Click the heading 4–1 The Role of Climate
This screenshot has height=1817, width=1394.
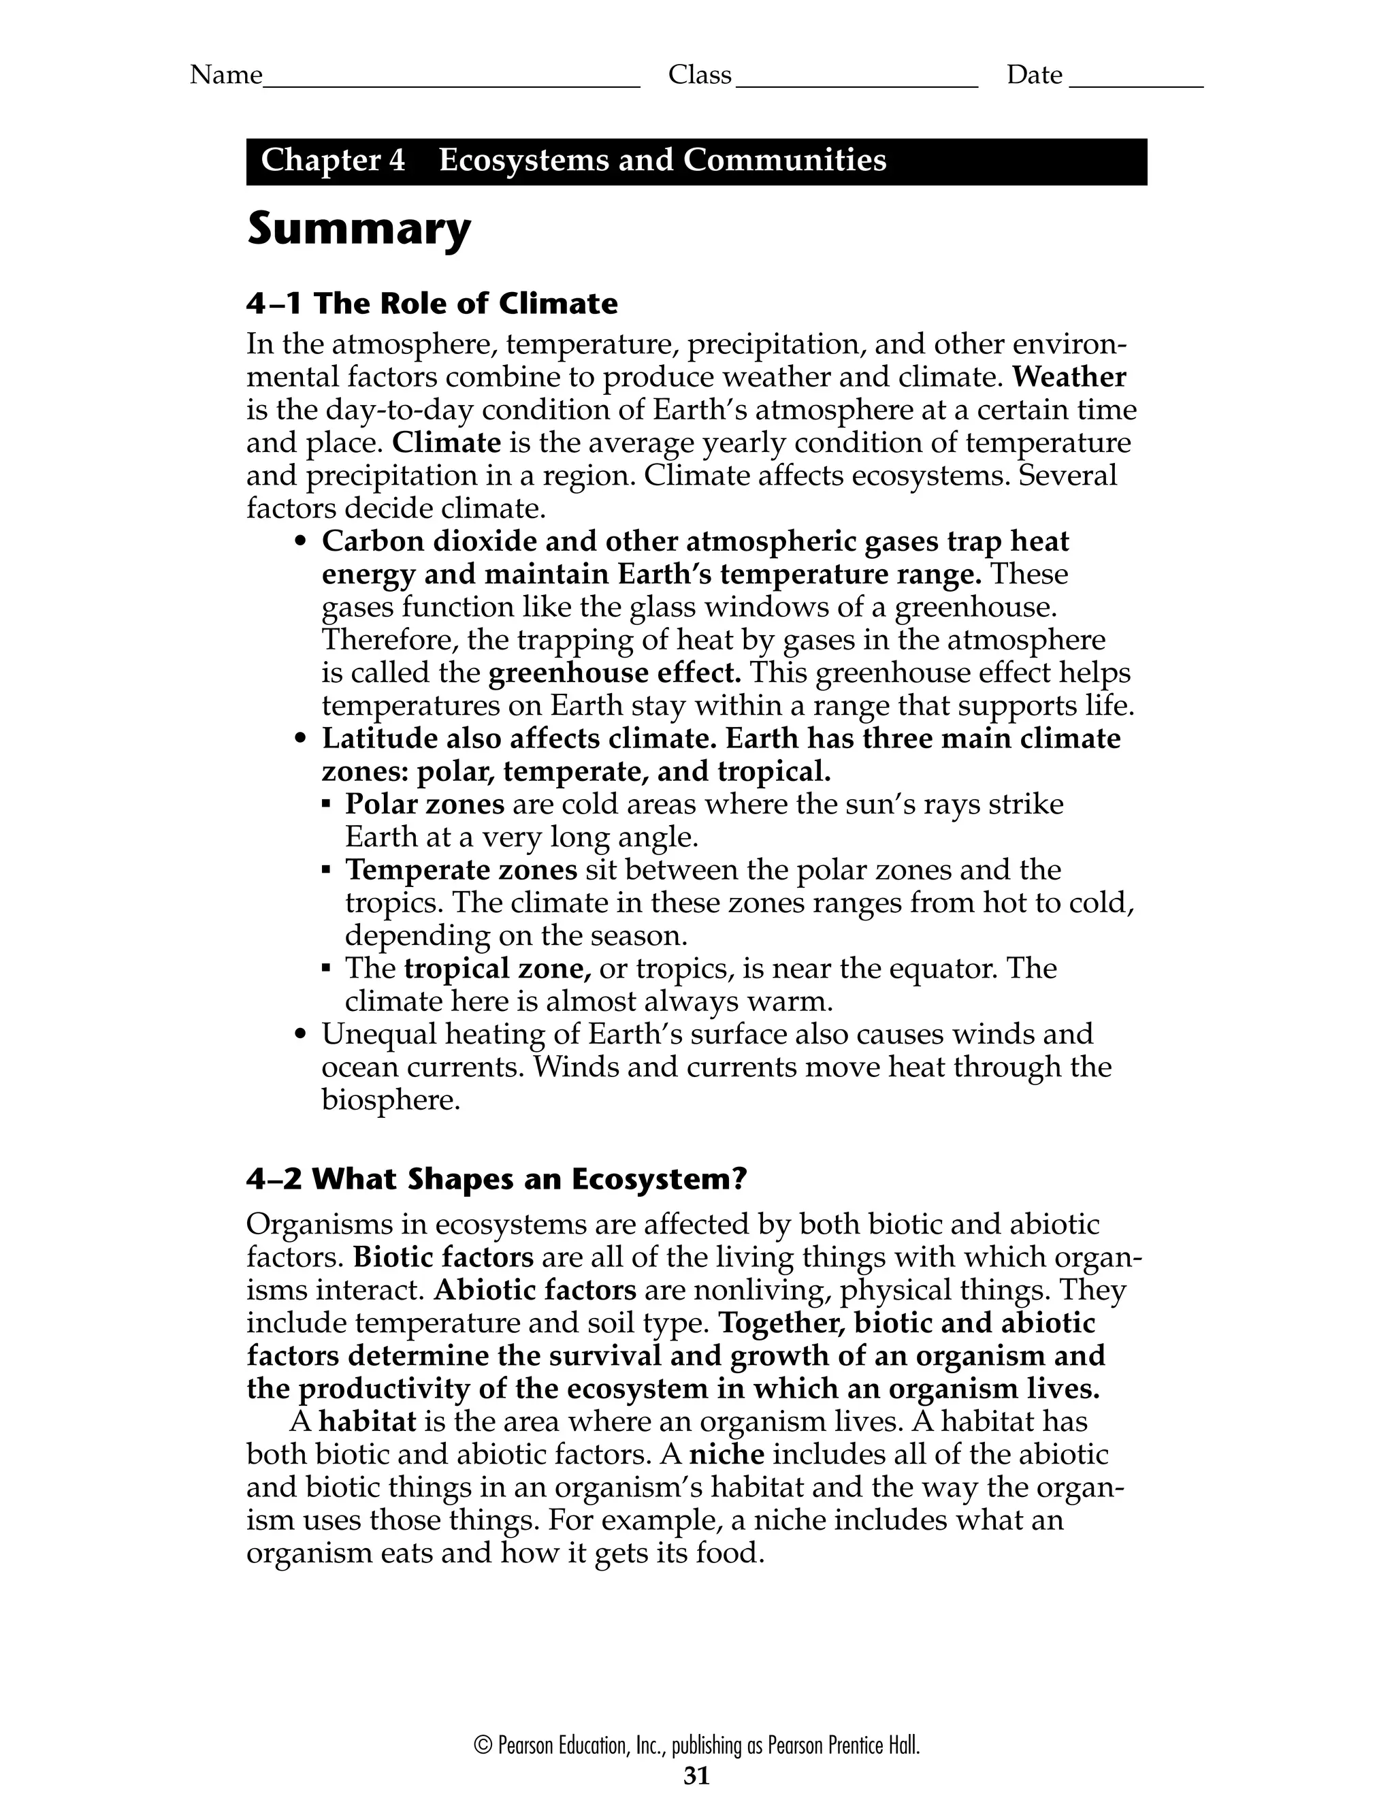pyautogui.click(x=432, y=304)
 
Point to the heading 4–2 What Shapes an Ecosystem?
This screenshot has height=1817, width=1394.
pyautogui.click(x=496, y=1179)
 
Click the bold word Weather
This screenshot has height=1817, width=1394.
pyautogui.click(x=1069, y=378)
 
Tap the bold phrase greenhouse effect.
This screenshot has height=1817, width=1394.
pyautogui.click(x=614, y=673)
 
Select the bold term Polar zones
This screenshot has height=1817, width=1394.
pyautogui.click(x=425, y=804)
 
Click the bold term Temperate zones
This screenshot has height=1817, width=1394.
pyautogui.click(x=461, y=870)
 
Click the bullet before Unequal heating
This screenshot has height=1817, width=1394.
pyautogui.click(x=302, y=1036)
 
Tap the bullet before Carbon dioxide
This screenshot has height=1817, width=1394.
pyautogui.click(x=302, y=543)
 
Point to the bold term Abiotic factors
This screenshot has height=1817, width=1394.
pyautogui.click(x=535, y=1290)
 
